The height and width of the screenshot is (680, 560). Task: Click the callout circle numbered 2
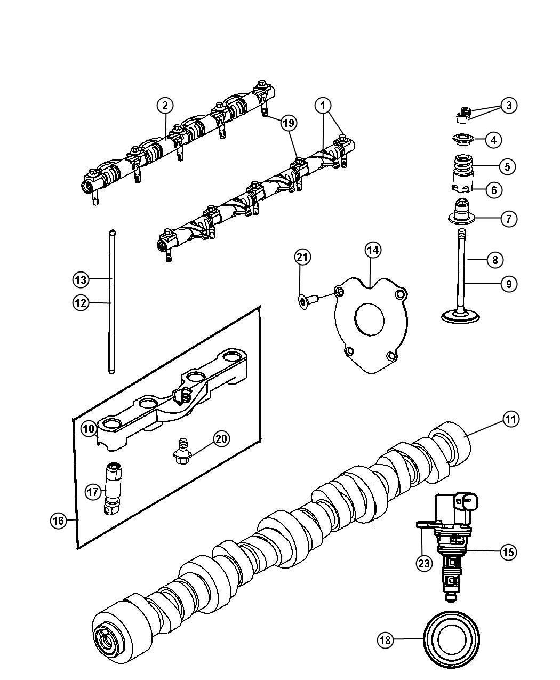coord(165,105)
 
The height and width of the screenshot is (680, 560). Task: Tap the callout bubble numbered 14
coord(373,250)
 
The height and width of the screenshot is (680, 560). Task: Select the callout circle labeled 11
coord(511,419)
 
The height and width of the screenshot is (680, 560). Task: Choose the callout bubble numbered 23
coord(424,563)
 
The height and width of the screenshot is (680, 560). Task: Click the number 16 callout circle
coord(59,521)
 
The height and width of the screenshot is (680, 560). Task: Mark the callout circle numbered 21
coord(302,257)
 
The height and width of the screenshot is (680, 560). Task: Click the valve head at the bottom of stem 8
coord(461,317)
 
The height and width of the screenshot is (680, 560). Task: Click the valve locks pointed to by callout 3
coord(462,115)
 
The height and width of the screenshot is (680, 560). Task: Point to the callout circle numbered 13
coord(81,279)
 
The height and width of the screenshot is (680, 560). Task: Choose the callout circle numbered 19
coord(289,123)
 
